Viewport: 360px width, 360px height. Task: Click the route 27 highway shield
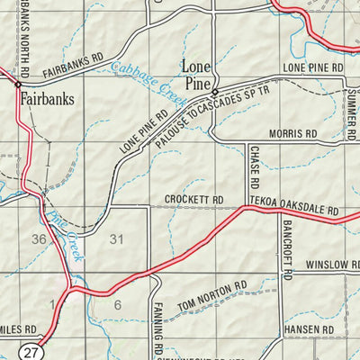tap(33, 351)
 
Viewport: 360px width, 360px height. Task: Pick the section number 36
tap(38, 239)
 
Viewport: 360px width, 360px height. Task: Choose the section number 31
tap(115, 239)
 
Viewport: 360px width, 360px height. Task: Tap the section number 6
tap(117, 305)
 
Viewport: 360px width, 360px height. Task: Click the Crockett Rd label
tap(193, 200)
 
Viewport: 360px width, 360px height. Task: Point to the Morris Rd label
tap(298, 133)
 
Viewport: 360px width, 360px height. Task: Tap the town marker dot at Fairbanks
tap(17, 84)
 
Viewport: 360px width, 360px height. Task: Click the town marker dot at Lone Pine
tap(214, 92)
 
